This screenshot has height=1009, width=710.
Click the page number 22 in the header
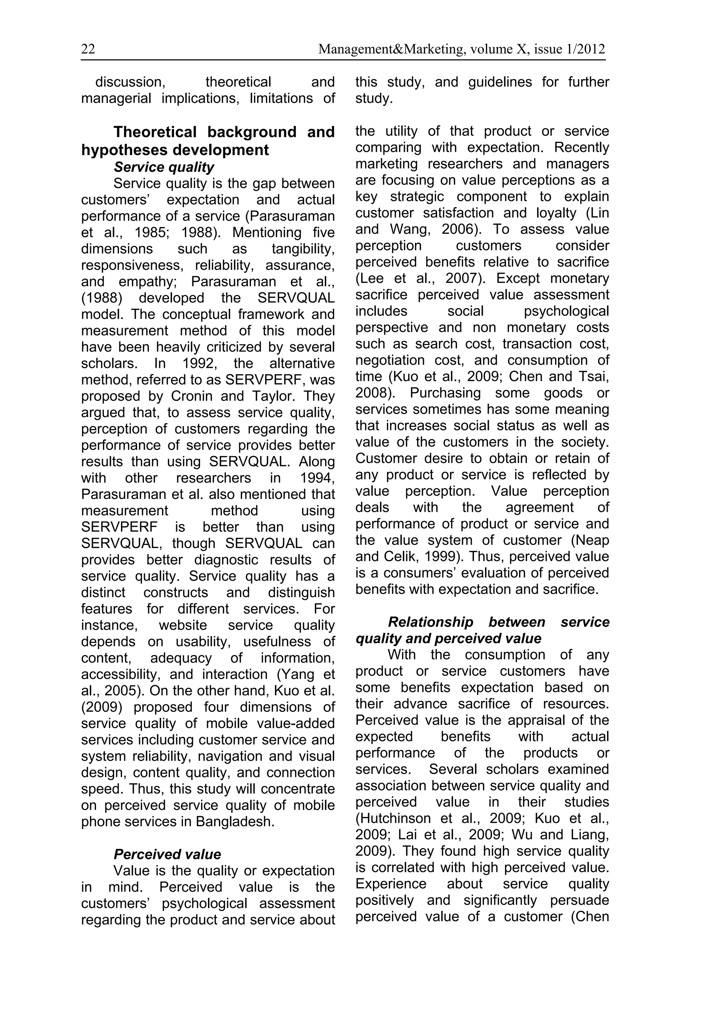[88, 49]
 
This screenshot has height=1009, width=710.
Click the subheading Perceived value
[167, 854]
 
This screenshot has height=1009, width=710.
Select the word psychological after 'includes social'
[566, 311]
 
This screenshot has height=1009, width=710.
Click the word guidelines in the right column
[500, 82]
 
